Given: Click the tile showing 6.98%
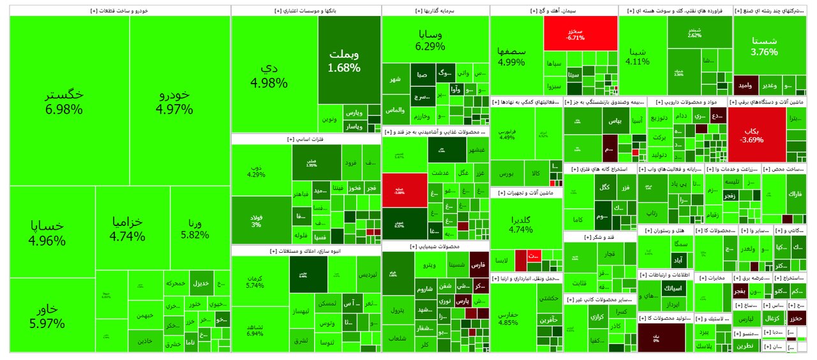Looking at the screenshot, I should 64,101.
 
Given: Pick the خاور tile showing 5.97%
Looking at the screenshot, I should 47,315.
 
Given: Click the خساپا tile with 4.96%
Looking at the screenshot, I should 47,233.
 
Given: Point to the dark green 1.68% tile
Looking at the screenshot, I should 343,59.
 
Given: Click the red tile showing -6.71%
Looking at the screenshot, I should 580,33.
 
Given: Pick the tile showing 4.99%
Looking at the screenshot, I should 511,56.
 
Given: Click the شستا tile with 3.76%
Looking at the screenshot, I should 764,45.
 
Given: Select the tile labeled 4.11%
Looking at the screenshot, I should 637,56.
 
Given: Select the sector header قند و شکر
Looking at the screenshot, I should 599,237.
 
